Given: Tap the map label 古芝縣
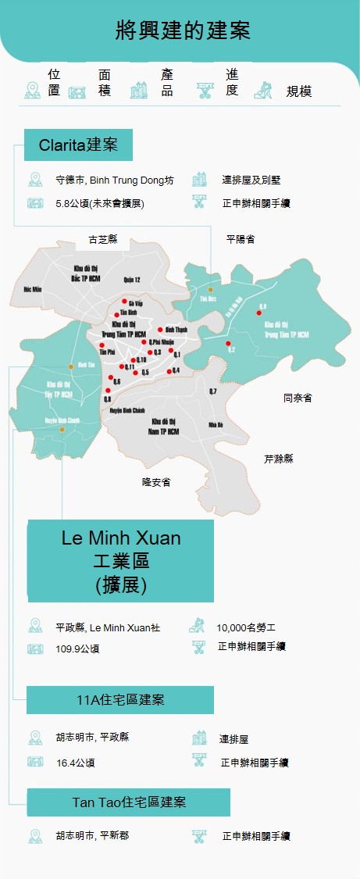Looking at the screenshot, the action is [x=103, y=239].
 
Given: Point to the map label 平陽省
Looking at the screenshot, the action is [x=240, y=239].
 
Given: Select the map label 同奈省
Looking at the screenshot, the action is [x=297, y=398].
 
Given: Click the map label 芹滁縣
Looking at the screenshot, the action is [x=279, y=459].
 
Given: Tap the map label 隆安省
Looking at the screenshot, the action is [x=157, y=482].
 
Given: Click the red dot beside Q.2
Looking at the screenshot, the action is [x=228, y=344].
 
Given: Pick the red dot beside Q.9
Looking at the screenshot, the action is [x=259, y=312].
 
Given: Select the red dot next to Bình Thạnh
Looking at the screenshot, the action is [x=160, y=329].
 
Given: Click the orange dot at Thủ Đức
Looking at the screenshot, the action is [x=210, y=290].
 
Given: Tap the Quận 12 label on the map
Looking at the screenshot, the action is [x=131, y=279].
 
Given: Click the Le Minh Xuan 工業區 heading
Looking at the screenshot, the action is [x=120, y=561].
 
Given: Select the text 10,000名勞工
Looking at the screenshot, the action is [x=246, y=627].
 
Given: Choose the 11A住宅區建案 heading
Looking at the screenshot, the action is [x=120, y=699].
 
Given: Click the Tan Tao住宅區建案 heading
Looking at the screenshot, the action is [x=129, y=802].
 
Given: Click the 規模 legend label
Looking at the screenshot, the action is [x=299, y=91].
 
